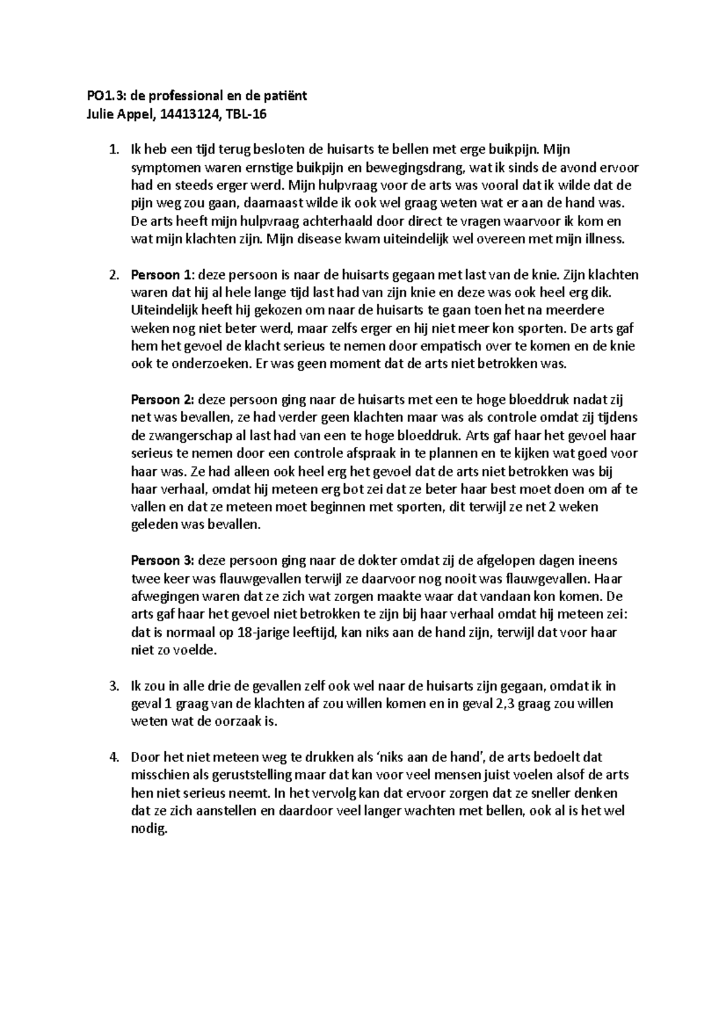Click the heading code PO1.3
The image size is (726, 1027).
click(102, 96)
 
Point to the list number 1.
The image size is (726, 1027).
click(114, 149)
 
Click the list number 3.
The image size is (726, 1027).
click(113, 686)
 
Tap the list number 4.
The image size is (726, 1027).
click(113, 757)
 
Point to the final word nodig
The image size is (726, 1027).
click(148, 829)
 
